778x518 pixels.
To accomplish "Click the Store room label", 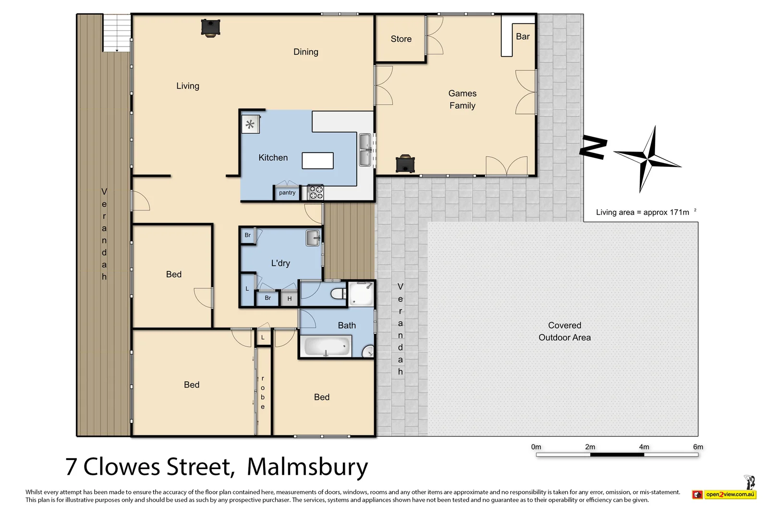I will (x=401, y=39).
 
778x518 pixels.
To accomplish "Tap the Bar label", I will (x=523, y=36).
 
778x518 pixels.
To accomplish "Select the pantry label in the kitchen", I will (x=287, y=193).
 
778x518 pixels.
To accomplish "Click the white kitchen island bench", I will (x=317, y=161).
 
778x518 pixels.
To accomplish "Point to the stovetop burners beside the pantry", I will (x=316, y=192).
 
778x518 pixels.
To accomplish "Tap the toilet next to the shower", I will (x=339, y=294).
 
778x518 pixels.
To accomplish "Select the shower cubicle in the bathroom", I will (x=361, y=294).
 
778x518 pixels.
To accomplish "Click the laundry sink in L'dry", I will (x=313, y=238).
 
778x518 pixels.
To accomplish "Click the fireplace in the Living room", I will (x=210, y=28).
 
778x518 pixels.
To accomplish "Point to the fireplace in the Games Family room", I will (x=405, y=164).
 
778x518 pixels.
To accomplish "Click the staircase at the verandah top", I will (x=117, y=33).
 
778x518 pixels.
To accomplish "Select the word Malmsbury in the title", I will (x=307, y=467).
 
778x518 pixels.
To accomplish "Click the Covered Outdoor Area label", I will (x=564, y=331).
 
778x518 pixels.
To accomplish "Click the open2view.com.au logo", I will (x=729, y=494).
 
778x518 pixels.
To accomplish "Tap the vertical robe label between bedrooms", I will (x=263, y=392).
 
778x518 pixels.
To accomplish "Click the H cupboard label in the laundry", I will (x=290, y=299).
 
